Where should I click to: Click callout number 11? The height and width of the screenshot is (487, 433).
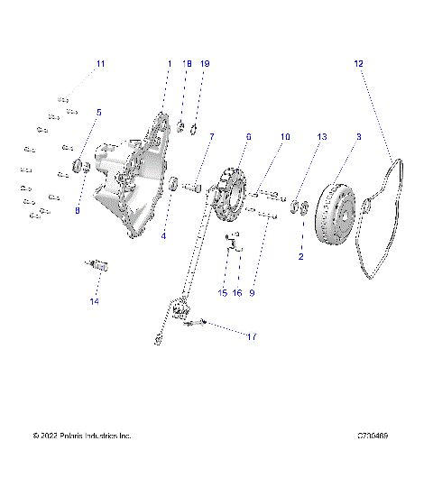[x=101, y=63]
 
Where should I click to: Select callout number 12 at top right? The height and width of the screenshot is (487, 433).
[x=358, y=63]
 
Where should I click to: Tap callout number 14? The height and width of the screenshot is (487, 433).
[x=94, y=301]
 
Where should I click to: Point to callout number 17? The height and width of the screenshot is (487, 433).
[x=252, y=336]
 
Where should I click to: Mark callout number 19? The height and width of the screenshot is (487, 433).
[x=205, y=64]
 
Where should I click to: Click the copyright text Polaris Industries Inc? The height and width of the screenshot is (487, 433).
[x=81, y=436]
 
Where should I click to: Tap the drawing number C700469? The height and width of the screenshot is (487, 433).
[x=372, y=436]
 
